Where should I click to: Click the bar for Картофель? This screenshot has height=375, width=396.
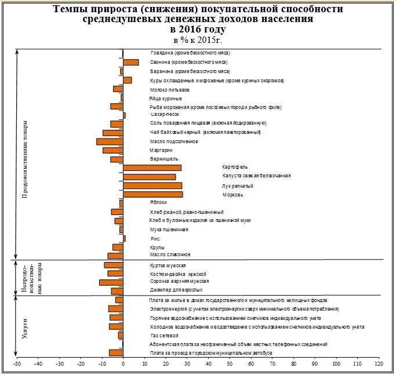point(152,168)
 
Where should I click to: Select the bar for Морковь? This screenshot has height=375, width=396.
point(152,195)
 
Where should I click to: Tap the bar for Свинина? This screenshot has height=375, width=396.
point(130,62)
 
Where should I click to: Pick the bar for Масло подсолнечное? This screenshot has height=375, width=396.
point(110,141)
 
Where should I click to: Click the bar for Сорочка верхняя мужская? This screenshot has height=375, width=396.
point(111,282)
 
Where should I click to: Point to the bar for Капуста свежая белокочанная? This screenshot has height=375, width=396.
point(149,177)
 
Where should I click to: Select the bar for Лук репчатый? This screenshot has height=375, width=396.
point(152,186)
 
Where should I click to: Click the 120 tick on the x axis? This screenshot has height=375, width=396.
point(379,364)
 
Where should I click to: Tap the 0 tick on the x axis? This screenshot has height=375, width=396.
point(123,364)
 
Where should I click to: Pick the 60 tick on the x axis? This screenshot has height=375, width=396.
point(251,364)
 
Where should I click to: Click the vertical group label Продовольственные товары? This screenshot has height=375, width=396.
point(25,160)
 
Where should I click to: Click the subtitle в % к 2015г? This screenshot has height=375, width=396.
point(197,39)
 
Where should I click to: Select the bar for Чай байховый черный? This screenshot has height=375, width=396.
point(112,133)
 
